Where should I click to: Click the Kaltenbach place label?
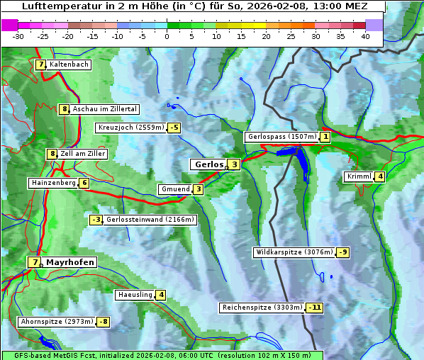point(69,64)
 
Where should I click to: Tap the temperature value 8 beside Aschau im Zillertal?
point(64,109)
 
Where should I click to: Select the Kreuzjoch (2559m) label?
point(130,128)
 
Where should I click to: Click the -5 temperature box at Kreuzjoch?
point(174,128)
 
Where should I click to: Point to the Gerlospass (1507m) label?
point(281,137)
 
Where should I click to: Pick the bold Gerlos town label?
point(208,164)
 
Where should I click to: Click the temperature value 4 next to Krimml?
point(381,176)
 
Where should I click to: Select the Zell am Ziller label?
point(82,154)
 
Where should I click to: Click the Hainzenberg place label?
point(52,183)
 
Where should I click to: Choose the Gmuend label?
point(174,189)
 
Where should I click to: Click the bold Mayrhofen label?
point(69,262)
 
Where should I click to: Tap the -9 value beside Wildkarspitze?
point(343,252)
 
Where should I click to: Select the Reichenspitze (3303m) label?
point(262,308)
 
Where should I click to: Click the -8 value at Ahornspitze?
point(104,322)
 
